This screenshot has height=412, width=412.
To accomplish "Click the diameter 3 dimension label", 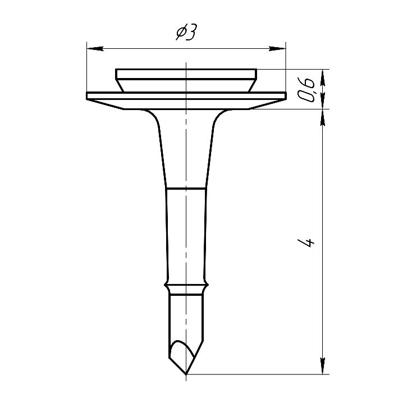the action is (186, 32).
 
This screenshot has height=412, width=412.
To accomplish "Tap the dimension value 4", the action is (306, 243).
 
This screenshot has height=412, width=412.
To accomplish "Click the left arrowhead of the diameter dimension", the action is (95, 49).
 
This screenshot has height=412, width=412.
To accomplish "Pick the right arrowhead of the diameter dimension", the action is (277, 49).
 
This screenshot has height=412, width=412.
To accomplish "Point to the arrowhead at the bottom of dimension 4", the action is (323, 366).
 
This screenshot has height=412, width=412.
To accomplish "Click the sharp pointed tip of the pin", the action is (186, 374).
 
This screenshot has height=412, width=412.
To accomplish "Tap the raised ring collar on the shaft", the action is (186, 285).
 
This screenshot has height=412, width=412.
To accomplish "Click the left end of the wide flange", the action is (87, 95).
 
